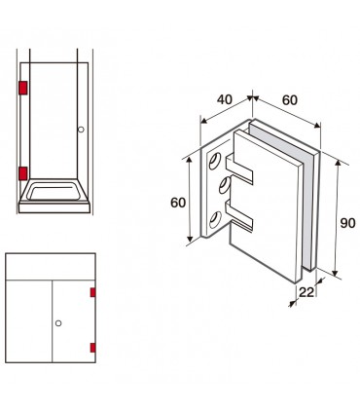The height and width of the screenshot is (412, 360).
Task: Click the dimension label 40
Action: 225,99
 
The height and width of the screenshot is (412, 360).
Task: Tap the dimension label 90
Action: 347,223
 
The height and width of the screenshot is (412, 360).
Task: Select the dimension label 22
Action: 306,292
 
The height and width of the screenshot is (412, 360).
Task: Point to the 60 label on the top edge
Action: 290,100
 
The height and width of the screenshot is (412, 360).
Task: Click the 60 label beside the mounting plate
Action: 178,203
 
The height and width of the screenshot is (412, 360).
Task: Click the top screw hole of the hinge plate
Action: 215,161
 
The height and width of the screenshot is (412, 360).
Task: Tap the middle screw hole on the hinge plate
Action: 225,186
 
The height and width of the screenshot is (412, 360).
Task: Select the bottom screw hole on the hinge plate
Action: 215,220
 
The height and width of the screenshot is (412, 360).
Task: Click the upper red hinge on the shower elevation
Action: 23,88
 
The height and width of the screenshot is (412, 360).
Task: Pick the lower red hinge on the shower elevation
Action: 23,173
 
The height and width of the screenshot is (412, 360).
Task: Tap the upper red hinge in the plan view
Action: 92,292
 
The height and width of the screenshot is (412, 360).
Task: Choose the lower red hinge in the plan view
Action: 92,348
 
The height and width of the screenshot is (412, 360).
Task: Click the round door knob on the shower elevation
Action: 81,130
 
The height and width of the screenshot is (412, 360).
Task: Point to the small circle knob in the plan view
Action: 58,323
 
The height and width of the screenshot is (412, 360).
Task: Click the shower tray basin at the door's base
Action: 54,192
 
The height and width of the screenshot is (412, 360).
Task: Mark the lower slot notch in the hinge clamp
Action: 239,214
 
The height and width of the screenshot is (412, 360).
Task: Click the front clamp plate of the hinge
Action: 268,207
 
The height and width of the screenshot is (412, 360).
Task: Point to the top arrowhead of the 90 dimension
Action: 338,164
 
